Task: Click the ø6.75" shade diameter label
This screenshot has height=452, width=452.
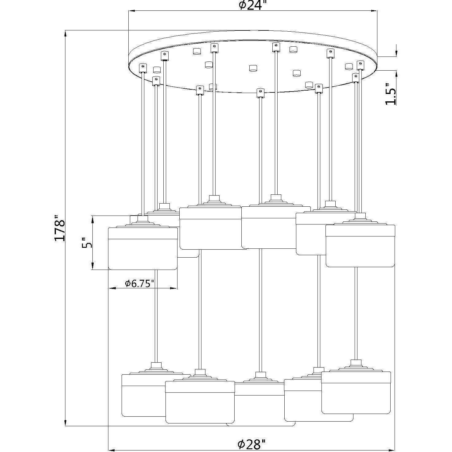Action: coord(139,284)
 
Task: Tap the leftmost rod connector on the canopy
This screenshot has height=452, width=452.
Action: coord(142,68)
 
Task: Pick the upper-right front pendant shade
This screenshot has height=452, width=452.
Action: coord(360,245)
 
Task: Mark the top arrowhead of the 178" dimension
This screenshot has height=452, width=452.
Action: coord(65,34)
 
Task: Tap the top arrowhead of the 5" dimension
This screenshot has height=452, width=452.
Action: coord(93,220)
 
